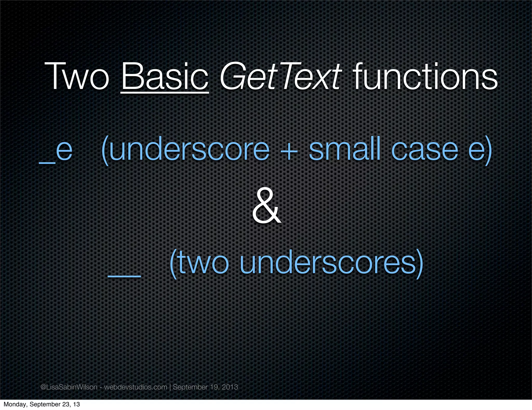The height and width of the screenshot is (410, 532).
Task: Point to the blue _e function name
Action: click(x=56, y=151)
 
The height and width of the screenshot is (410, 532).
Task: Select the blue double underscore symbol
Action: click(x=124, y=276)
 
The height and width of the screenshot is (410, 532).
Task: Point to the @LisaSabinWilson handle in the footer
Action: click(x=69, y=387)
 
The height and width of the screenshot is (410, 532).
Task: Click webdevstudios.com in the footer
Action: click(x=136, y=387)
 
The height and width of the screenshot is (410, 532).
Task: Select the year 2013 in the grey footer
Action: click(x=230, y=387)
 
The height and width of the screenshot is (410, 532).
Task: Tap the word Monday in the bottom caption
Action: click(x=14, y=404)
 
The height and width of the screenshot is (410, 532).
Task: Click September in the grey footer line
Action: click(x=190, y=387)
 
